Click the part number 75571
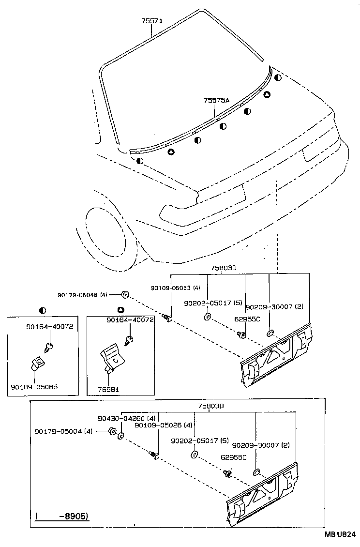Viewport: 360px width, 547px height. [x=152, y=21]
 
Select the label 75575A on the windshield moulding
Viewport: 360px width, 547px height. [x=216, y=101]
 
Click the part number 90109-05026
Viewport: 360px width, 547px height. [x=158, y=425]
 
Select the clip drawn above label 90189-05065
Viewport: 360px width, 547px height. [x=37, y=363]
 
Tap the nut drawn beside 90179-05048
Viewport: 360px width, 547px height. [x=124, y=294]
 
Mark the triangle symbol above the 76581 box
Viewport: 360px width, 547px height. [x=120, y=310]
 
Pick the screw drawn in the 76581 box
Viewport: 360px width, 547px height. [x=129, y=341]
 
